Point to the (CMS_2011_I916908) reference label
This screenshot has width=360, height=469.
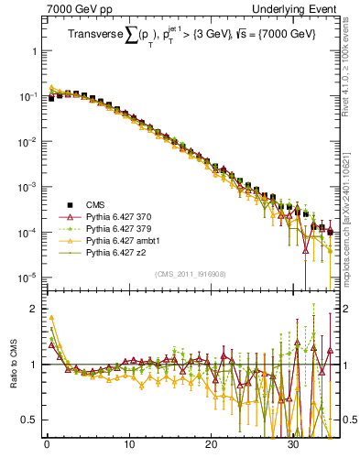pos(191,274)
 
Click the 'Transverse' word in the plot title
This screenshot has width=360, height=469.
pos(94,37)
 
